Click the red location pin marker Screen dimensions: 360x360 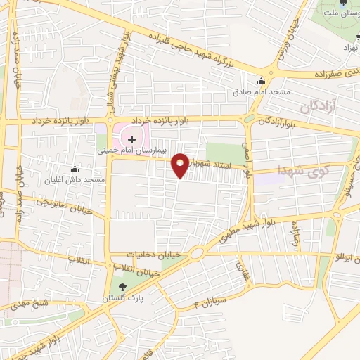(x=181, y=165)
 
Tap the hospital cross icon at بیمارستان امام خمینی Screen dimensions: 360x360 (x=131, y=139)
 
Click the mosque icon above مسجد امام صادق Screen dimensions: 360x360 (x=261, y=81)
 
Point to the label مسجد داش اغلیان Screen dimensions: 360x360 (x=75, y=179)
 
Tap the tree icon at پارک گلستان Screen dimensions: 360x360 (x=123, y=286)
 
